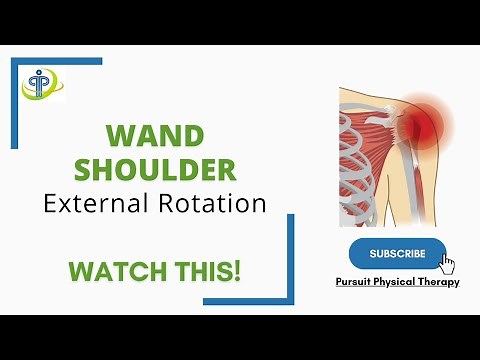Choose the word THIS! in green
coord(209,270)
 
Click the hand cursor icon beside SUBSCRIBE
coord(446,264)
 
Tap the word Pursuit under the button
coord(357,282)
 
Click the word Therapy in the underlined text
coord(441,282)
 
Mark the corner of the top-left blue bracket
coord(15,61)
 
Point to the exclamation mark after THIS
coord(237,270)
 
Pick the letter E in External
coord(50,204)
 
